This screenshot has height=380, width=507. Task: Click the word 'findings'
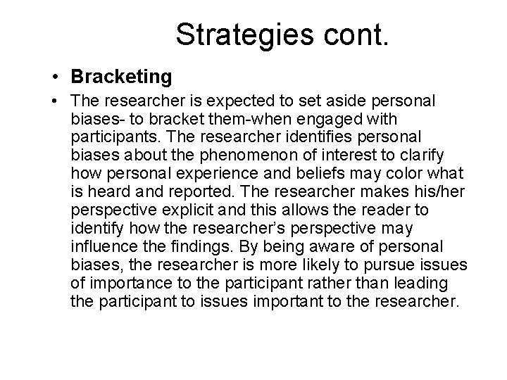click(196, 247)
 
